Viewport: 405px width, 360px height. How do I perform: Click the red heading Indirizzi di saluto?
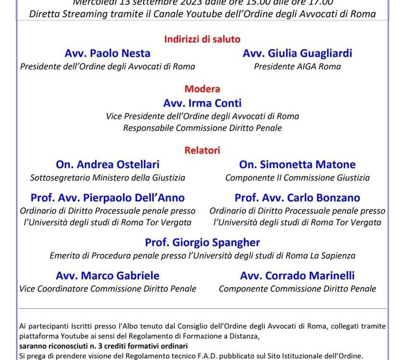click(202, 39)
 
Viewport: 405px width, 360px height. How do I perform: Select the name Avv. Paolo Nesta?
click(108, 53)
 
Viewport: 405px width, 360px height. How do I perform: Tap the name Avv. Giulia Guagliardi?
click(297, 53)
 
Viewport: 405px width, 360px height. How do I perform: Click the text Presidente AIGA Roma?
click(297, 66)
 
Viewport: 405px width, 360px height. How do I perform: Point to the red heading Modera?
click(202, 89)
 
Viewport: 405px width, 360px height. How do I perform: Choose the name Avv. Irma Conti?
click(202, 103)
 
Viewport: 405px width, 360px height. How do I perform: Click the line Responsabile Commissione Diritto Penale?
click(202, 128)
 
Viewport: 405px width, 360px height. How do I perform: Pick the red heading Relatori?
click(202, 150)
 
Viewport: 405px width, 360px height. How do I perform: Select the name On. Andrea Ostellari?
click(108, 164)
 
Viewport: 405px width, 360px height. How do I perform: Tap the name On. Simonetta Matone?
click(297, 164)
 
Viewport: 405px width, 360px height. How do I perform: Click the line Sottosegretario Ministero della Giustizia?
click(108, 178)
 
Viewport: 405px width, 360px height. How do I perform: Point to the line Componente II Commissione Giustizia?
click(297, 178)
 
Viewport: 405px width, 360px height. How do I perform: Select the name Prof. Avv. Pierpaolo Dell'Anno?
click(108, 197)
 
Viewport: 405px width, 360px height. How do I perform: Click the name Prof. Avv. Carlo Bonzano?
click(297, 197)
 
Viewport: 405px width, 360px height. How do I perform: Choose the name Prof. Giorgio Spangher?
click(202, 242)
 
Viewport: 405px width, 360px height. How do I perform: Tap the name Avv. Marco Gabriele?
click(108, 276)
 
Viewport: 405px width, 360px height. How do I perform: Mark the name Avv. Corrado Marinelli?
click(297, 276)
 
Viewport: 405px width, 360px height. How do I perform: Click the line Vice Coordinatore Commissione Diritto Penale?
click(108, 288)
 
